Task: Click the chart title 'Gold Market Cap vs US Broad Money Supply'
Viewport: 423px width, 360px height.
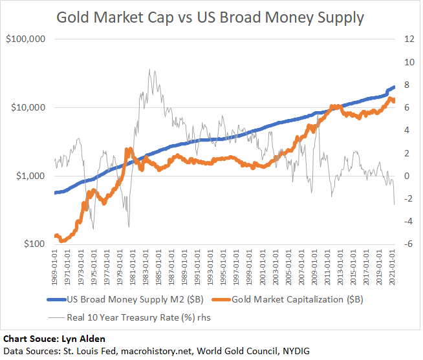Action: tap(210, 17)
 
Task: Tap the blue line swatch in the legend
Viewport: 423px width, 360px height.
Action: tap(65, 300)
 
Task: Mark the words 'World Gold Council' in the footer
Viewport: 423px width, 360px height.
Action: tap(231, 351)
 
